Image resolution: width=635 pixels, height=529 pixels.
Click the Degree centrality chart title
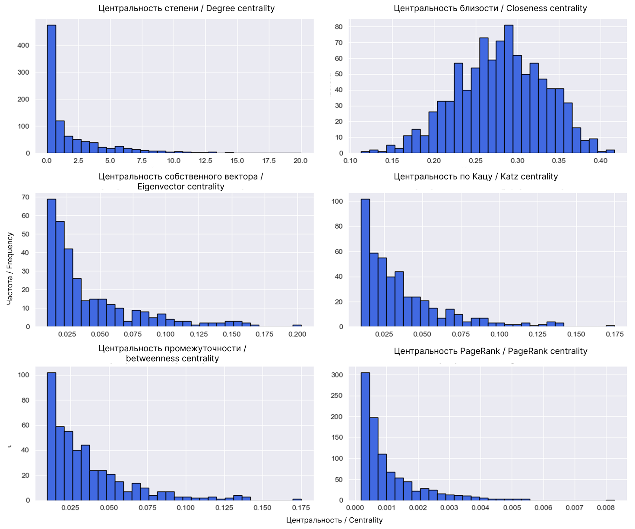186,8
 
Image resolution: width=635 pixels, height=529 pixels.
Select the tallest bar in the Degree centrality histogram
51,88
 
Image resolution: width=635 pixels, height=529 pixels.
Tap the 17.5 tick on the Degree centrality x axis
269,161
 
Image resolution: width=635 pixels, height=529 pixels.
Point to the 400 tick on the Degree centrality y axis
23,45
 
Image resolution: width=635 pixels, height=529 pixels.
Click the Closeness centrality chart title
490,8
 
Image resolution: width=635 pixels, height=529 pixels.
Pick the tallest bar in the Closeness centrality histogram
509,88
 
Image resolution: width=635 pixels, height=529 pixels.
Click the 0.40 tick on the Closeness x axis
600,161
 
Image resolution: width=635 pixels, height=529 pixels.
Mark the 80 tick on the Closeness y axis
339,27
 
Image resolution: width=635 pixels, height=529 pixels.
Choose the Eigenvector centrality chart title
181,181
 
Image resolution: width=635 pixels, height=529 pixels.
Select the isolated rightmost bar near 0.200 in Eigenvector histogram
297,325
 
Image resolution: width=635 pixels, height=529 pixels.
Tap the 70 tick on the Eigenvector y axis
25,197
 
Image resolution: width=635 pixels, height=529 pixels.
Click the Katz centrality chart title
476,176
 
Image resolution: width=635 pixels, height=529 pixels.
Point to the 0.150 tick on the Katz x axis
576,334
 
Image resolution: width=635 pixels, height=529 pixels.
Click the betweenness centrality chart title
172,353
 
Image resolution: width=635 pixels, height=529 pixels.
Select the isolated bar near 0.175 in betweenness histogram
297,499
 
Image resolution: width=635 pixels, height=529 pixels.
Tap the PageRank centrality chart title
490,351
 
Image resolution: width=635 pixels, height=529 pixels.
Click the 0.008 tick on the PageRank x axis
606,507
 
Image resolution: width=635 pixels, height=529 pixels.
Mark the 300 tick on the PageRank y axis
337,375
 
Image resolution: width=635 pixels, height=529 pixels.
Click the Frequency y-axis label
10,268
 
